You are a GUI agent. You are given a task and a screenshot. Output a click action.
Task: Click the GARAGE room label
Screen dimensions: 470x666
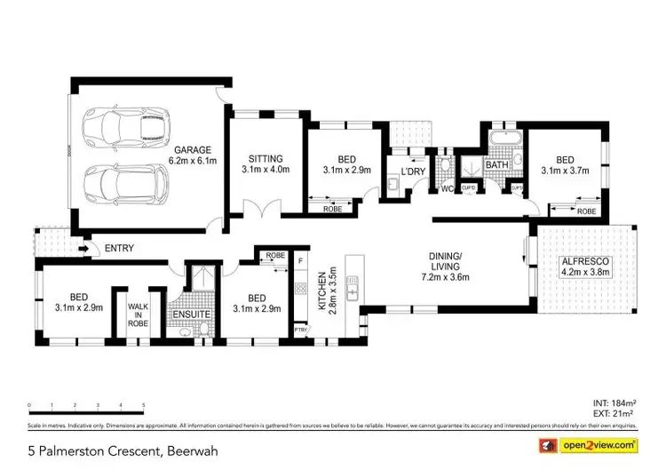point(193,150)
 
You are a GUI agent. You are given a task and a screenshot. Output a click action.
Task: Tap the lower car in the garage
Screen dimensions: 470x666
point(124,184)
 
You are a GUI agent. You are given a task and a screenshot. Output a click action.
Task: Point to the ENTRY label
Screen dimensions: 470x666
point(118,249)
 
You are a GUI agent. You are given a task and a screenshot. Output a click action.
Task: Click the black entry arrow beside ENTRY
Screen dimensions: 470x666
point(83,249)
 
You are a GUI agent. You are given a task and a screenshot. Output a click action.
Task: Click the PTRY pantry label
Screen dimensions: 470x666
point(300,331)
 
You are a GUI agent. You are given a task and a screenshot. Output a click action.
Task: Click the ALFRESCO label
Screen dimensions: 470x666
point(583,262)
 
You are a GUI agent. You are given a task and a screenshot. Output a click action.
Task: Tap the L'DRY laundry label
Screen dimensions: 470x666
point(413,171)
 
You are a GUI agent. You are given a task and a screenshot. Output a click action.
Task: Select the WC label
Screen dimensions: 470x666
point(446,187)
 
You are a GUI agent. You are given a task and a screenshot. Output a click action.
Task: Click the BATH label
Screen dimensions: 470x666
point(496,164)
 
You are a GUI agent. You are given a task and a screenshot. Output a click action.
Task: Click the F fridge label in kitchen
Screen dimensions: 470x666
point(301,262)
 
